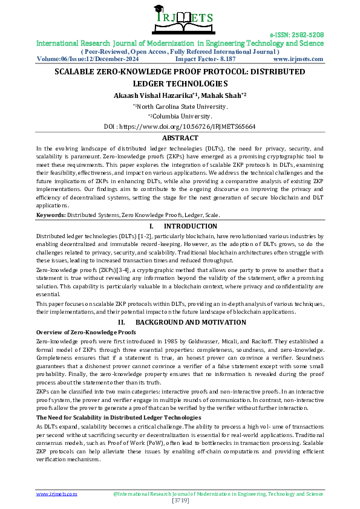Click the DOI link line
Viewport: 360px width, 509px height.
(x=180, y=127)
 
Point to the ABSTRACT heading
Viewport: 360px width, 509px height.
(x=180, y=138)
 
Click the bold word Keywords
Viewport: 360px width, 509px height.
(x=50, y=215)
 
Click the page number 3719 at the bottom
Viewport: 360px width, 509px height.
(x=180, y=501)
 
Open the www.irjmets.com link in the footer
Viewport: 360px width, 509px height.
(x=57, y=494)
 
